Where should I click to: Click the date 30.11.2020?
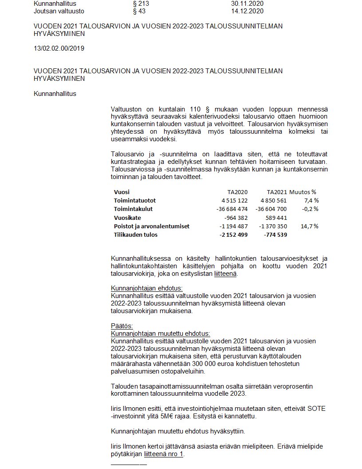click(x=247, y=3)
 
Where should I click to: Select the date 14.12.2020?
click(x=247, y=11)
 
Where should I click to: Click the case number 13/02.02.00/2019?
click(x=59, y=48)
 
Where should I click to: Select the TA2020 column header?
click(x=237, y=192)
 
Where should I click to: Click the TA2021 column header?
click(x=276, y=192)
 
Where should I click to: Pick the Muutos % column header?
click(x=303, y=192)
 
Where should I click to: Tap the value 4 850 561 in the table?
click(x=273, y=200)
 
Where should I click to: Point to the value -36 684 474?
click(x=232, y=209)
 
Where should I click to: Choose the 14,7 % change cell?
click(x=310, y=226)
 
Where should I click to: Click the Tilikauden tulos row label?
click(x=135, y=234)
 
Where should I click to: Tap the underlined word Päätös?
click(x=122, y=326)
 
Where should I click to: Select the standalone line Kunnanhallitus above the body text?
click(x=55, y=93)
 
